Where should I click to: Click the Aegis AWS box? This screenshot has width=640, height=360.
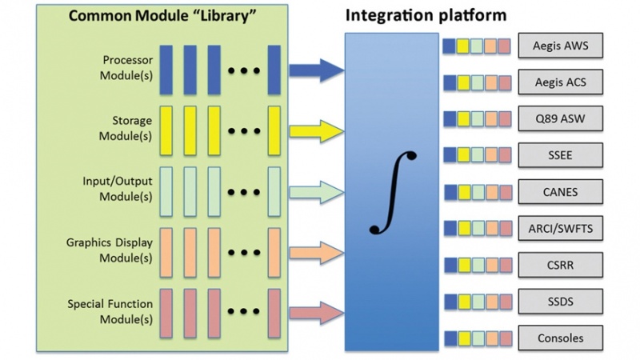coord(560,46)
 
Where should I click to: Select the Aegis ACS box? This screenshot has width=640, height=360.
coord(560,82)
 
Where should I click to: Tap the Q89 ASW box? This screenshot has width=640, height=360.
coord(560,118)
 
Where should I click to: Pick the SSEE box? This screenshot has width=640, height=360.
coord(560,154)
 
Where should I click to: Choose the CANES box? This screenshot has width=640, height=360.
coord(560,191)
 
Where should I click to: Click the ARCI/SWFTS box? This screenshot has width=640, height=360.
coord(560,228)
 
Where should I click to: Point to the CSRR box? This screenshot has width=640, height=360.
coord(560,264)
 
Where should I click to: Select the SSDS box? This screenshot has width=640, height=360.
coord(560,301)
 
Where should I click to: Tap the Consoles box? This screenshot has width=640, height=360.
coord(560,337)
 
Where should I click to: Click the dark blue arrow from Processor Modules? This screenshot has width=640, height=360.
coord(315,70)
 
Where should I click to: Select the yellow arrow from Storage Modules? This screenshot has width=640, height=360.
coord(315,130)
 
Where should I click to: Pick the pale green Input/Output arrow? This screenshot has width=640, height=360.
coord(315,190)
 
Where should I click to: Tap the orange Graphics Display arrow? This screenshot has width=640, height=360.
coord(315,252)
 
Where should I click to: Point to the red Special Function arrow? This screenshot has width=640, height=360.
coord(315,312)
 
